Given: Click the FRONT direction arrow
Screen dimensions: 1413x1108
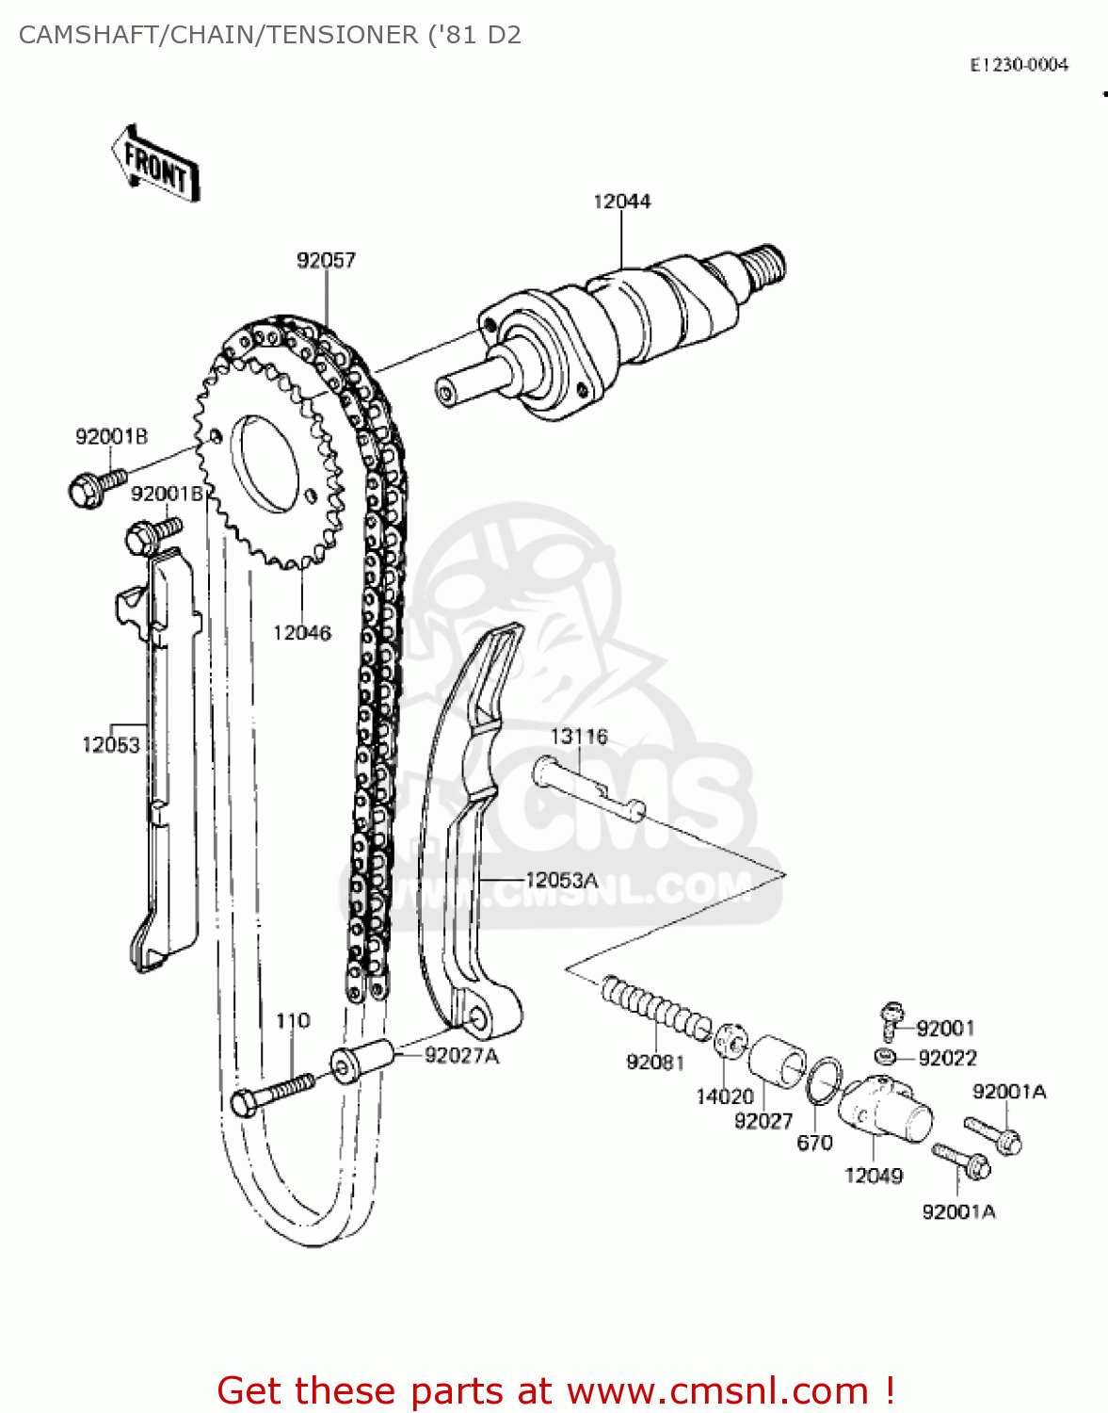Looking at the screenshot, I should [156, 165].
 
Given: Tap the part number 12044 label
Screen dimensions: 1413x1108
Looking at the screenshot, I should [621, 202].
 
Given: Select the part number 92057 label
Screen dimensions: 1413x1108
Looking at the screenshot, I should [326, 260].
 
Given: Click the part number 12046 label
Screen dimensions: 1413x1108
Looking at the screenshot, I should [302, 633].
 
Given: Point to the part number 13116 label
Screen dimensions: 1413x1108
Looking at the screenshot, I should [579, 737].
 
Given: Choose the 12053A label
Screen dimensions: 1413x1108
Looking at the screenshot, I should [561, 881].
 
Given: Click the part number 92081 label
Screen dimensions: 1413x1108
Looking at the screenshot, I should [655, 1063].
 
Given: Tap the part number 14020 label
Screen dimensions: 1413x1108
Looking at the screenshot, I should [725, 1096].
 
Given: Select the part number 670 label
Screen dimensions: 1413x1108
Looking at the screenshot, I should [814, 1143].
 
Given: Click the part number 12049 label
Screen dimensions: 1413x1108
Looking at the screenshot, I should [874, 1176].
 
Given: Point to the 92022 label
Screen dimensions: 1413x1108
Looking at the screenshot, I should [947, 1058].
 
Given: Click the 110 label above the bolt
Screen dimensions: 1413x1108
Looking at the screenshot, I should [293, 1021].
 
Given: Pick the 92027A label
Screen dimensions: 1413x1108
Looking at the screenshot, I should [461, 1056].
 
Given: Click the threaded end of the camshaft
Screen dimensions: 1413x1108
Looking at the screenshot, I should [766, 263].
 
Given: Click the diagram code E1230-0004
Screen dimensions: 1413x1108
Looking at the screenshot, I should [1020, 65].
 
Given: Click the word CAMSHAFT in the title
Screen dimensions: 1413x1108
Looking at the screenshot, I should [87, 35].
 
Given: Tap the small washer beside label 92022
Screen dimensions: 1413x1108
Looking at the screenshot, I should [885, 1055].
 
